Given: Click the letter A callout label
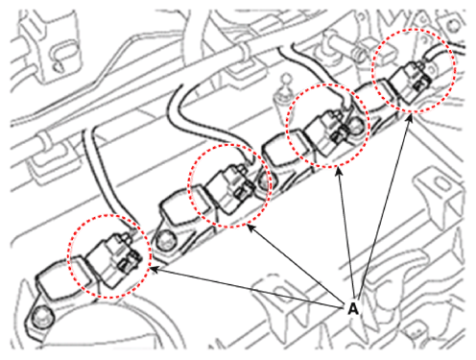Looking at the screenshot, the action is click(x=352, y=309).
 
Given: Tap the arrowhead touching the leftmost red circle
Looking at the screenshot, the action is click(x=154, y=270).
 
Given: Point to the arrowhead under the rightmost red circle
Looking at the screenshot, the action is click(x=410, y=118).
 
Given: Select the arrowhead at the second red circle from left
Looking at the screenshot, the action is click(x=251, y=228).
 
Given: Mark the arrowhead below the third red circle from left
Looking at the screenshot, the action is click(x=339, y=172).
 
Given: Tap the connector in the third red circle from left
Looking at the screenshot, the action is click(x=329, y=134).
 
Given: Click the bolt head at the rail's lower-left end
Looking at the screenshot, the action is click(x=41, y=316).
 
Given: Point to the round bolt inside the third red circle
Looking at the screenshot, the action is click(x=356, y=124).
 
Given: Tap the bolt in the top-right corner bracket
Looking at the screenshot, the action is click(x=453, y=26).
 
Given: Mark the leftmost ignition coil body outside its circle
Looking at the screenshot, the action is click(x=55, y=280).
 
